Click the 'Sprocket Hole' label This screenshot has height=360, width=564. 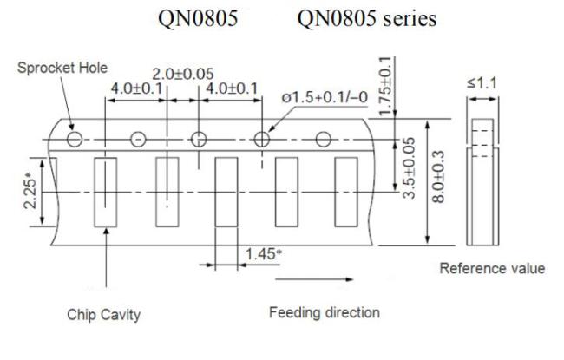pyautogui.click(x=62, y=68)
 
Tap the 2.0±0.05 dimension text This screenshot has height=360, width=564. pyautogui.click(x=183, y=75)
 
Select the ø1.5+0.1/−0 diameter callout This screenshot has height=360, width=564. pyautogui.click(x=325, y=97)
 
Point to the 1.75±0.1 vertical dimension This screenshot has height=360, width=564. pyautogui.click(x=385, y=87)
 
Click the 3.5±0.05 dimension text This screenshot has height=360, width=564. pyautogui.click(x=409, y=168)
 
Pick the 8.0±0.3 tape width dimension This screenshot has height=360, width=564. pyautogui.click(x=438, y=177)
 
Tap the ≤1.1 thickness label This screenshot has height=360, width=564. pyautogui.click(x=482, y=83)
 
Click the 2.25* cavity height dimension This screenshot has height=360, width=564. pyautogui.click(x=30, y=190)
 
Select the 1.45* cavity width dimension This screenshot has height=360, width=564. pyautogui.click(x=263, y=254)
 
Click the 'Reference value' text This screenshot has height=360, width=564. pyautogui.click(x=492, y=269)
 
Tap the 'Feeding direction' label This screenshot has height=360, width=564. pyautogui.click(x=325, y=312)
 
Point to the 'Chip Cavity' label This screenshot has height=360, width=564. pyautogui.click(x=103, y=315)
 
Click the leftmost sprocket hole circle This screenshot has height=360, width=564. pyautogui.click(x=75, y=139)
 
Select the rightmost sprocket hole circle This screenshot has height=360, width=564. pyautogui.click(x=323, y=140)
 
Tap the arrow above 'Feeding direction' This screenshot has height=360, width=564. pyautogui.click(x=314, y=279)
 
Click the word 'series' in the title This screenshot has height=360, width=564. pyautogui.click(x=410, y=19)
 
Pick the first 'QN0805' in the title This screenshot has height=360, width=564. pyautogui.click(x=198, y=18)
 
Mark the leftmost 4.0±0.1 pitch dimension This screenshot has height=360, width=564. pyautogui.click(x=137, y=88)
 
